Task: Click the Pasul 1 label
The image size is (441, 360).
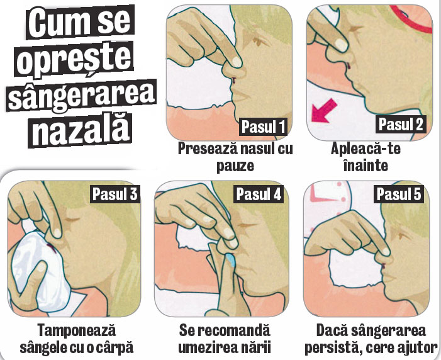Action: pos(264,127)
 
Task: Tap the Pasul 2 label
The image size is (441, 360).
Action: pos(401,124)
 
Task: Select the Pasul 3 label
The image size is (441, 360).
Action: pos(115,194)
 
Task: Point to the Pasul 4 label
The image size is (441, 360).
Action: pos(259,194)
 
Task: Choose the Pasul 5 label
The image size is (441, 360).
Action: pos(399,194)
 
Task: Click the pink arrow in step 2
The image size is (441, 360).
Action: pos(324,111)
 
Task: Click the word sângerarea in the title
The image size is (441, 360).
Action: pos(82,96)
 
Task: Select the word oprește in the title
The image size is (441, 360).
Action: pos(75,60)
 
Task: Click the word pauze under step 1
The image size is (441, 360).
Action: pos(235,166)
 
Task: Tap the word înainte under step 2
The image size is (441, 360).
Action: pos(366,166)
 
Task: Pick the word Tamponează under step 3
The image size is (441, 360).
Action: pos(77,330)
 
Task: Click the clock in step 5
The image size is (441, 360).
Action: pos(328,202)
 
